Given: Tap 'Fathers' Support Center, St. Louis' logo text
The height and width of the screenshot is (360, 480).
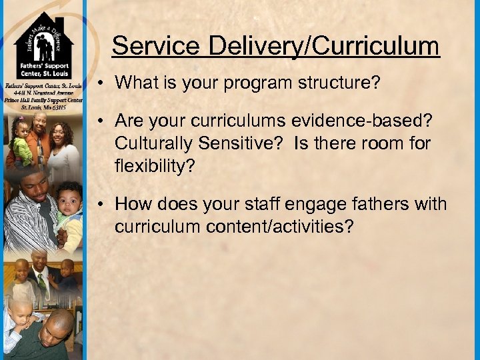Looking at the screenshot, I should click(43, 75).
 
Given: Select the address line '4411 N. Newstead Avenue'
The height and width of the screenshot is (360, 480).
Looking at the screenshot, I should click(43, 93).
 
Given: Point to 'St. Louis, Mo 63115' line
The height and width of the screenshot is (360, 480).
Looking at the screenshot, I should click(43, 107).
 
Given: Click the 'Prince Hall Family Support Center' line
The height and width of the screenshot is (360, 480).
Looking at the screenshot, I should click(43, 100).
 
